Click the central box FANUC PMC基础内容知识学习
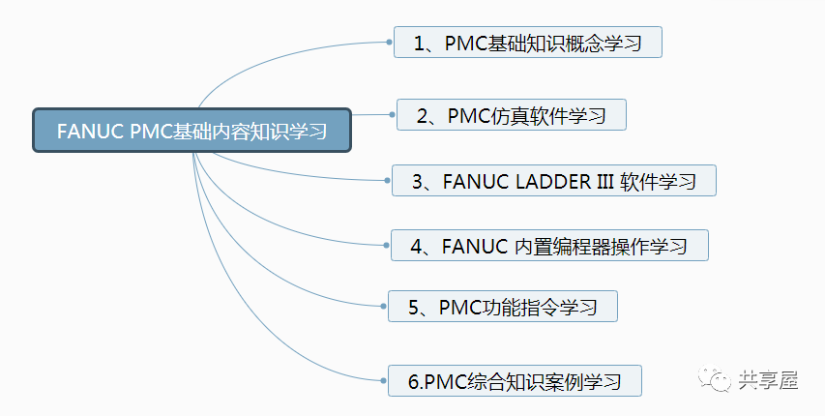192,131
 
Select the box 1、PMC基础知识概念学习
527,43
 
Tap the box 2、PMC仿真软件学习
512,115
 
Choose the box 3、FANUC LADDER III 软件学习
553,181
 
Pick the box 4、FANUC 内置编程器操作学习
548,246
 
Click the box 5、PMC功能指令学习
502,308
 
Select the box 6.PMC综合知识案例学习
514,380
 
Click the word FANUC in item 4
475,246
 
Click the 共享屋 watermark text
767,381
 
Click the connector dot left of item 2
391,115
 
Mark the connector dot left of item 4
386,246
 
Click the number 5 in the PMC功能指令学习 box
412,308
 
